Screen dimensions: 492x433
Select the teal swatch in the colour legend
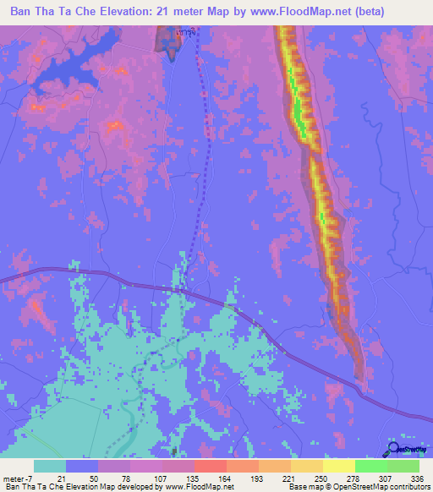point(50,466)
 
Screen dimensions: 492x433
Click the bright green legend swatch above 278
point(371,466)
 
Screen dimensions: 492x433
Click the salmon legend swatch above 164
point(211,466)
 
